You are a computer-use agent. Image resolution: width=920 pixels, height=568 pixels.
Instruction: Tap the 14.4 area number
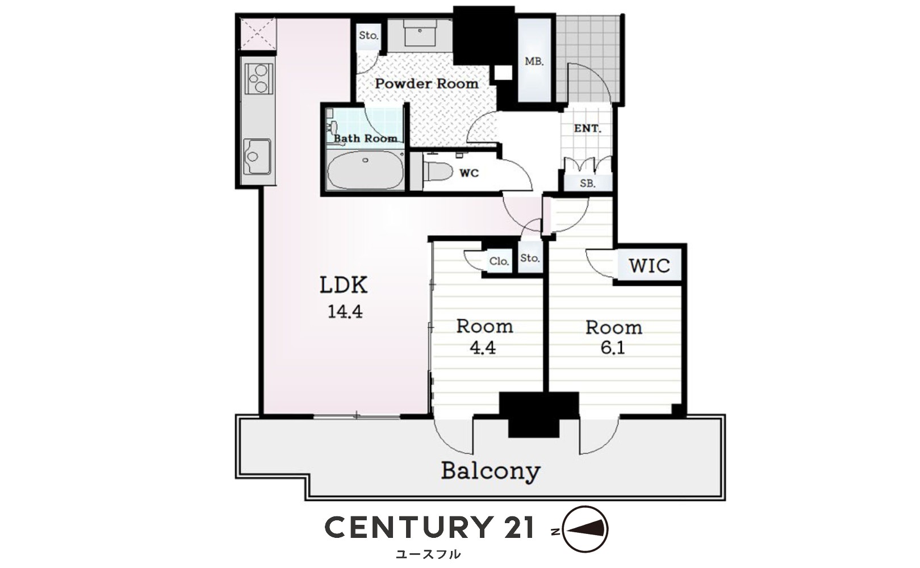345,312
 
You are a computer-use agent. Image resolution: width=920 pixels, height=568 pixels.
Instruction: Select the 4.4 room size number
483,348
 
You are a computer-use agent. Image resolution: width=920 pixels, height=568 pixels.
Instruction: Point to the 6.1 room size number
613,348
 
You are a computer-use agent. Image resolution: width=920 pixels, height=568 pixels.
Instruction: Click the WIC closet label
649,266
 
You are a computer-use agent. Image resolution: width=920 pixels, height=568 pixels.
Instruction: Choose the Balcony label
491,471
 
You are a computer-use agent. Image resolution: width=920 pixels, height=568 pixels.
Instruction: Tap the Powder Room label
426,83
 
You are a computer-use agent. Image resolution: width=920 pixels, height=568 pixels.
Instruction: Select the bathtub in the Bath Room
365,170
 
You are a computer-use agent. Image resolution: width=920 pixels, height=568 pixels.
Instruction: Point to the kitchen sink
257,156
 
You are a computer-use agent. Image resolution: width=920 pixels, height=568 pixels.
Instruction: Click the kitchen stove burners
258,79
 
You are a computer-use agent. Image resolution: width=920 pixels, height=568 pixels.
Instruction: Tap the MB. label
534,61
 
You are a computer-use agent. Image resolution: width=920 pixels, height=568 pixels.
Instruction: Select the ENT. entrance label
587,128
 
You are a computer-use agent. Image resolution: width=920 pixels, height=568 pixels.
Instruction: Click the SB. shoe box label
588,183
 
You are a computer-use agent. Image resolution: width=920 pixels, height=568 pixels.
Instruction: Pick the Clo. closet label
499,261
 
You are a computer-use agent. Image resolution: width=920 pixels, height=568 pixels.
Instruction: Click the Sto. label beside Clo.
530,258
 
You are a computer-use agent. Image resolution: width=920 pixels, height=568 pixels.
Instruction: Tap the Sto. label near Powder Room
369,35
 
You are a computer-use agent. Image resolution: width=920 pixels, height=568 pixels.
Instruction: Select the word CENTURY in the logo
409,527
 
